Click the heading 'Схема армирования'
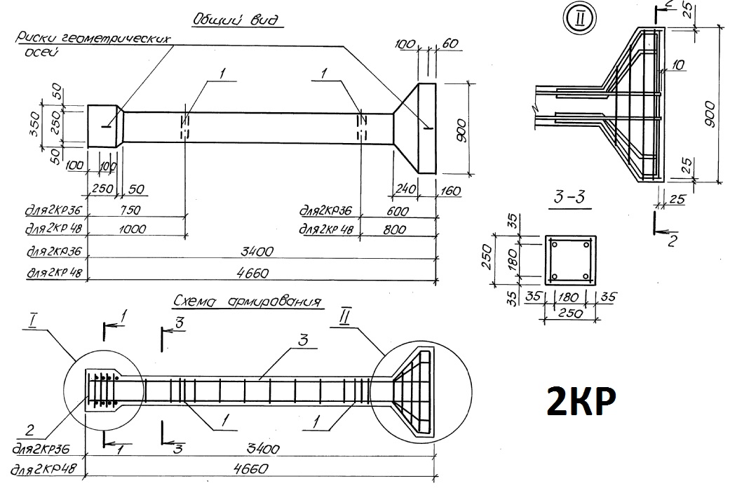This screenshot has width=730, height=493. point(248,302)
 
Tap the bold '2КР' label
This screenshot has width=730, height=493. point(581,400)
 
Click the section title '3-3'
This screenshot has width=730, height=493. point(569,197)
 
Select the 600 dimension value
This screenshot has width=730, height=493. point(397,211)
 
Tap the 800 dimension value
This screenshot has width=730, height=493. point(394,229)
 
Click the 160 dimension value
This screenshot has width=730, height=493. point(450,191)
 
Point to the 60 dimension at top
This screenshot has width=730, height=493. point(450,43)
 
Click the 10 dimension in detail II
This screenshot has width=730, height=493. point(678,65)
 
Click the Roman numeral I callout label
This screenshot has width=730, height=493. point(32,320)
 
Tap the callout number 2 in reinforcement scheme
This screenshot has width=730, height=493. point(29,430)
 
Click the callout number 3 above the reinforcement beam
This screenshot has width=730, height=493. point(303,340)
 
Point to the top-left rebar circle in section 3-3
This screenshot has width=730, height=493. point(554,245)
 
